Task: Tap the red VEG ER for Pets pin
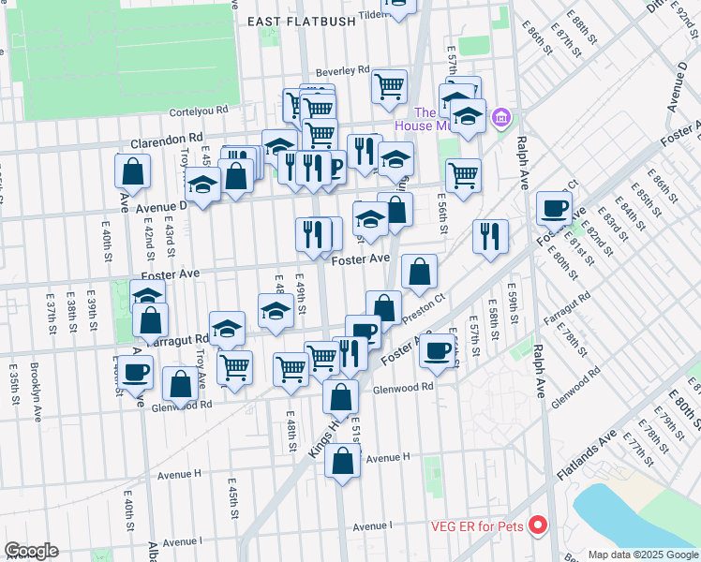[538, 525]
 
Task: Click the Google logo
[31, 551]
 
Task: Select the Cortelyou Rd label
[198, 111]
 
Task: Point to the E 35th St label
[14, 384]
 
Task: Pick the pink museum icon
[501, 117]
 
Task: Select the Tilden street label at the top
[372, 15]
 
